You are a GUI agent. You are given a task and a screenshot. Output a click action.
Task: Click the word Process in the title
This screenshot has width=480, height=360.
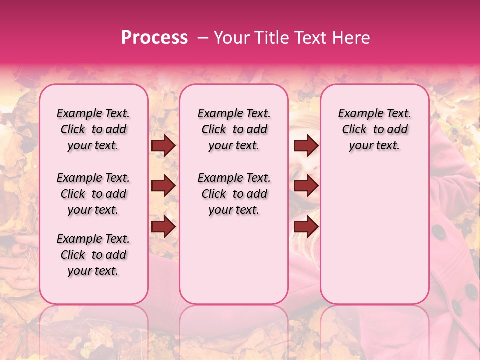[x=154, y=38]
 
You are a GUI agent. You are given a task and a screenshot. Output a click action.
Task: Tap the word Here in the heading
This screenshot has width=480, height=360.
[x=351, y=38]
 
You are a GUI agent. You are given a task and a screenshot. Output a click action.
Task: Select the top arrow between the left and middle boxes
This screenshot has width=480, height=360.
[x=163, y=146]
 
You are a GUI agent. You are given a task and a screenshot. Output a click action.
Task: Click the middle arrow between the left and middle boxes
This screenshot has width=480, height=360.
[x=163, y=186]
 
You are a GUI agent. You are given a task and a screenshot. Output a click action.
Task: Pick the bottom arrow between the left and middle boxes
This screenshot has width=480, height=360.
[x=163, y=227]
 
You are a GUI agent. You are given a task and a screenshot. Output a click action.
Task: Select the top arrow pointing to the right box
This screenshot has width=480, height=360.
[x=306, y=146]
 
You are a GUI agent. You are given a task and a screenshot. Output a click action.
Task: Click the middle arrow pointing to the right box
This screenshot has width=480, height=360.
[x=306, y=186]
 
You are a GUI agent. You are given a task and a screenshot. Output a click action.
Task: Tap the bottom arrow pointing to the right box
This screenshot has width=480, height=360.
[x=306, y=227]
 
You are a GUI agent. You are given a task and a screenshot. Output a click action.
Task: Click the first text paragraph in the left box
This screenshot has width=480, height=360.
[x=93, y=129]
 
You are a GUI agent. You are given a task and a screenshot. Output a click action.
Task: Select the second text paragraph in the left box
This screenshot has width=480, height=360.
[x=93, y=194]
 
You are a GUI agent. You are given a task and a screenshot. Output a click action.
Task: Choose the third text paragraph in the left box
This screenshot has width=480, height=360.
[x=93, y=255]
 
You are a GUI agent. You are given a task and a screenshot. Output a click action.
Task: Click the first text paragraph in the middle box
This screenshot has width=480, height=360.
[x=234, y=129]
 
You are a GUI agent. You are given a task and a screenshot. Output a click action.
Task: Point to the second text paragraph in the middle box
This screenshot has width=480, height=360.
[x=234, y=194]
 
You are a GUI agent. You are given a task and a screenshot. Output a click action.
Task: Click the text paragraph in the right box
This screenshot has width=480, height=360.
[x=374, y=129]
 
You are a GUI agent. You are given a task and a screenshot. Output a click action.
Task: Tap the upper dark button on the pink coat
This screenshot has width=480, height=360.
[x=438, y=231]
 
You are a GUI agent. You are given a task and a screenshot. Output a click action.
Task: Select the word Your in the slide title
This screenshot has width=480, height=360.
[x=230, y=38]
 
